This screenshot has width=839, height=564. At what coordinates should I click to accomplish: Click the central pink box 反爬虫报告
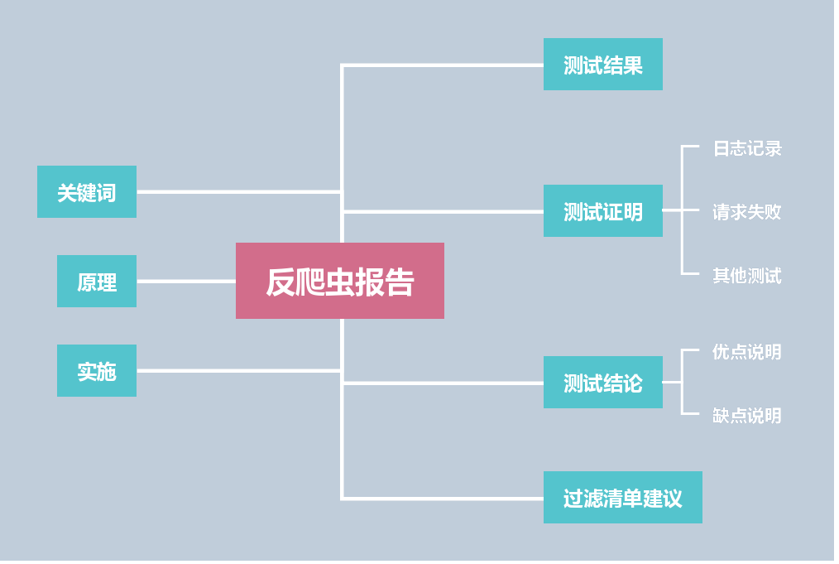click(x=339, y=281)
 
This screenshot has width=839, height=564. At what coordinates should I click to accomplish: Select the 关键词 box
click(x=87, y=192)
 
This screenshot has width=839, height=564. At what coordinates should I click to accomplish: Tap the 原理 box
click(x=97, y=282)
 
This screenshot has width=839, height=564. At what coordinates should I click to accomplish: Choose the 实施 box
click(x=97, y=371)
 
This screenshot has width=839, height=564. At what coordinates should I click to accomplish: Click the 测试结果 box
click(x=602, y=65)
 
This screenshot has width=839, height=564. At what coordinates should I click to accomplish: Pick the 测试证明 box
click(x=602, y=211)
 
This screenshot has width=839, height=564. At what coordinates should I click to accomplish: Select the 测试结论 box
click(x=602, y=383)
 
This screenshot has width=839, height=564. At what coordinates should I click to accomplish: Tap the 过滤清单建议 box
click(x=622, y=498)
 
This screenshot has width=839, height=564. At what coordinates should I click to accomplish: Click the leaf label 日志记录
click(x=747, y=148)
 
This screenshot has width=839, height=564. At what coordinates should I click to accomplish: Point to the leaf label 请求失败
click(x=747, y=212)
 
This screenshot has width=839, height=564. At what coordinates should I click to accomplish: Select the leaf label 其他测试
click(x=747, y=275)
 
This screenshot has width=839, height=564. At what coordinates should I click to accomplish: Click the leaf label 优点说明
click(x=747, y=352)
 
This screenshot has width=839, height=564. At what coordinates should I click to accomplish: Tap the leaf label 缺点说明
click(x=747, y=415)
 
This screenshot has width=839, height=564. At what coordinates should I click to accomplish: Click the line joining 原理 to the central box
click(x=186, y=282)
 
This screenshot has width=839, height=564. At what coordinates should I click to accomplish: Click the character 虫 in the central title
click(x=339, y=282)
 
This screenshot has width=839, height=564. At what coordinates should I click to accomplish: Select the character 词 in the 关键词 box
click(x=107, y=193)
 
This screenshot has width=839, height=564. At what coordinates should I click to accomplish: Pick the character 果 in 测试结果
click(x=633, y=65)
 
